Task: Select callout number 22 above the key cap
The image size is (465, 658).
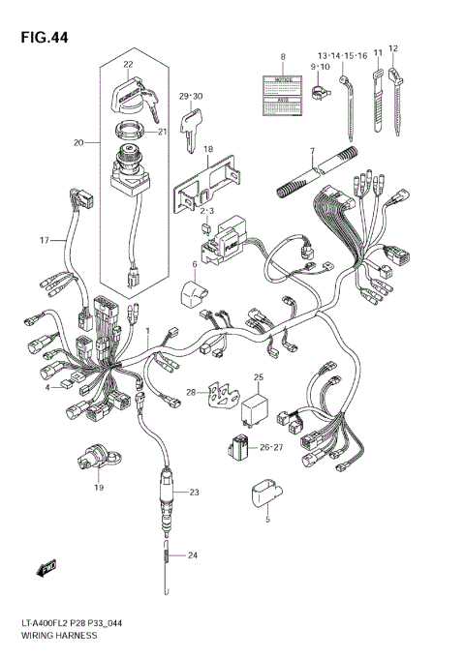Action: click(x=127, y=65)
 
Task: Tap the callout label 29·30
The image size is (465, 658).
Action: click(x=191, y=96)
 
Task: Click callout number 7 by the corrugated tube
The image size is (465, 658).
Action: click(x=312, y=151)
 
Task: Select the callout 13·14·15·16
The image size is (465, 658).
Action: click(x=341, y=56)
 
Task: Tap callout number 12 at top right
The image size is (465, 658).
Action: click(x=392, y=47)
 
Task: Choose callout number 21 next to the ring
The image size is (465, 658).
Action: click(x=163, y=133)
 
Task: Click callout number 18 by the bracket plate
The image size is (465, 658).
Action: click(x=207, y=149)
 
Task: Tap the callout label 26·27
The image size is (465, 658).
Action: click(x=270, y=447)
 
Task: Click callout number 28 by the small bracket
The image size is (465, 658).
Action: click(x=191, y=392)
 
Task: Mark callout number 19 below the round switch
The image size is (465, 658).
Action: click(x=98, y=489)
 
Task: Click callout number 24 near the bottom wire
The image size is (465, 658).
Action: click(x=192, y=554)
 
